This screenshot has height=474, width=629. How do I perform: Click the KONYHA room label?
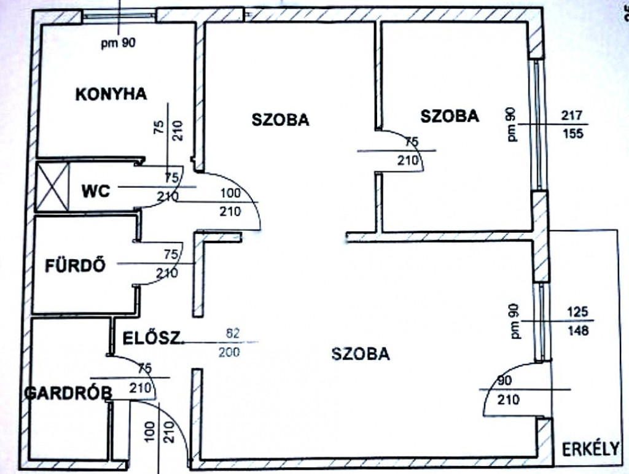pyautogui.click(x=111, y=94)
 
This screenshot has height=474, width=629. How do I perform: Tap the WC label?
pyautogui.click(x=96, y=191)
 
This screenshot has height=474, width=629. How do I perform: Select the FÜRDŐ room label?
pyautogui.click(x=76, y=265)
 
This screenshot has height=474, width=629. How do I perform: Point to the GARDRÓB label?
pyautogui.click(x=68, y=393)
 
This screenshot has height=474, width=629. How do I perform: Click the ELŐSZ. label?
pyautogui.click(x=152, y=338)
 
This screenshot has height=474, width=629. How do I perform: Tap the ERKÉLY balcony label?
pyautogui.click(x=590, y=449)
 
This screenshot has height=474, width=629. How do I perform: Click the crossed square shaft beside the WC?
pyautogui.click(x=53, y=186)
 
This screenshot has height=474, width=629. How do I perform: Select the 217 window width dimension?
pyautogui.click(x=572, y=115)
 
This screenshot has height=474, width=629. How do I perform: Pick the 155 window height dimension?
pyautogui.click(x=572, y=133)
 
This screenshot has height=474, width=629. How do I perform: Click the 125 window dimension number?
pyautogui.click(x=577, y=311)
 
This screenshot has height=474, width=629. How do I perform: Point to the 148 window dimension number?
pyautogui.click(x=577, y=330)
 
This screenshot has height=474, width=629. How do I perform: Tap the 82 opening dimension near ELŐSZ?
pyautogui.click(x=232, y=333)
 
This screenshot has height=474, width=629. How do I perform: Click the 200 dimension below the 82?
pyautogui.click(x=229, y=352)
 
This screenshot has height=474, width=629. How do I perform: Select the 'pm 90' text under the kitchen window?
pyautogui.click(x=119, y=42)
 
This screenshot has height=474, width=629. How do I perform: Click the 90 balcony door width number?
pyautogui.click(x=504, y=380)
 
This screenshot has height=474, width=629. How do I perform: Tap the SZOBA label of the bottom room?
pyautogui.click(x=361, y=354)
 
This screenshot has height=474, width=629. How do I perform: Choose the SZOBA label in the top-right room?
pyautogui.click(x=450, y=116)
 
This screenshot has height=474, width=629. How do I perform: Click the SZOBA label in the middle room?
pyautogui.click(x=280, y=120)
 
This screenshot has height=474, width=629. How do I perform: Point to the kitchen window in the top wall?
pyautogui.click(x=119, y=15)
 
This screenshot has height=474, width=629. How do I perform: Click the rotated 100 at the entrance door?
pyautogui.click(x=150, y=432)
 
